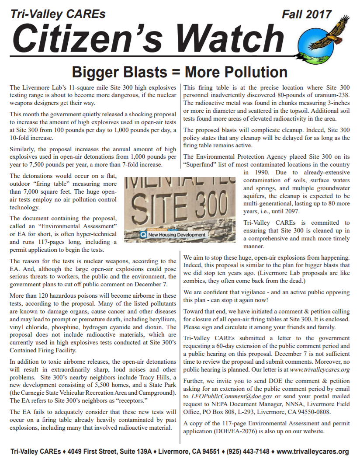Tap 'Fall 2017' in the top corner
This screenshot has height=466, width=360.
tap(306, 14)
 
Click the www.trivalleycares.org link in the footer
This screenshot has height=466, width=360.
tap(313, 451)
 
